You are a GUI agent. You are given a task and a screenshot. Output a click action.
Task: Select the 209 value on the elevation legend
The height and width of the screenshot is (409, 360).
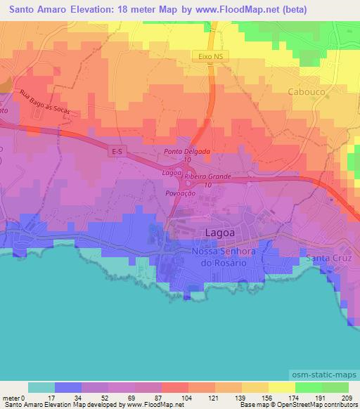347,397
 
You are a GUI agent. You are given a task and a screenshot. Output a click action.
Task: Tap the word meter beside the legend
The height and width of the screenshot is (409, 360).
12,397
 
